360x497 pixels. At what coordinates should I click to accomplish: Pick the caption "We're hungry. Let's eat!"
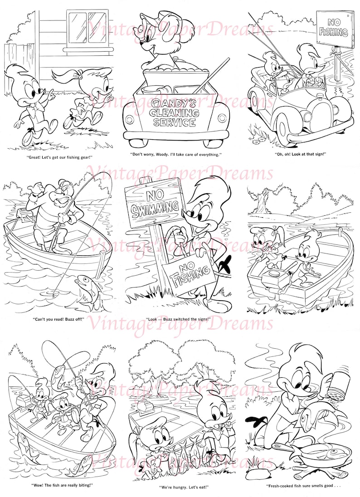(x=180, y=485)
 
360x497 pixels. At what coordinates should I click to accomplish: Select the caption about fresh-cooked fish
(x=301, y=485)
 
